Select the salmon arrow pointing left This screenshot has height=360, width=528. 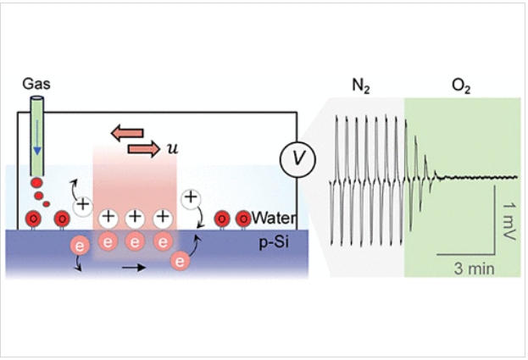[128, 132]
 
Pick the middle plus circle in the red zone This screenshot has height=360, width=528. [135, 218]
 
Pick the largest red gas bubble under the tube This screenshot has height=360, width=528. [37, 183]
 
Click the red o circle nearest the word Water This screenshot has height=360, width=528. [242, 219]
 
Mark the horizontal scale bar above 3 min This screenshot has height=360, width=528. [466, 253]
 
